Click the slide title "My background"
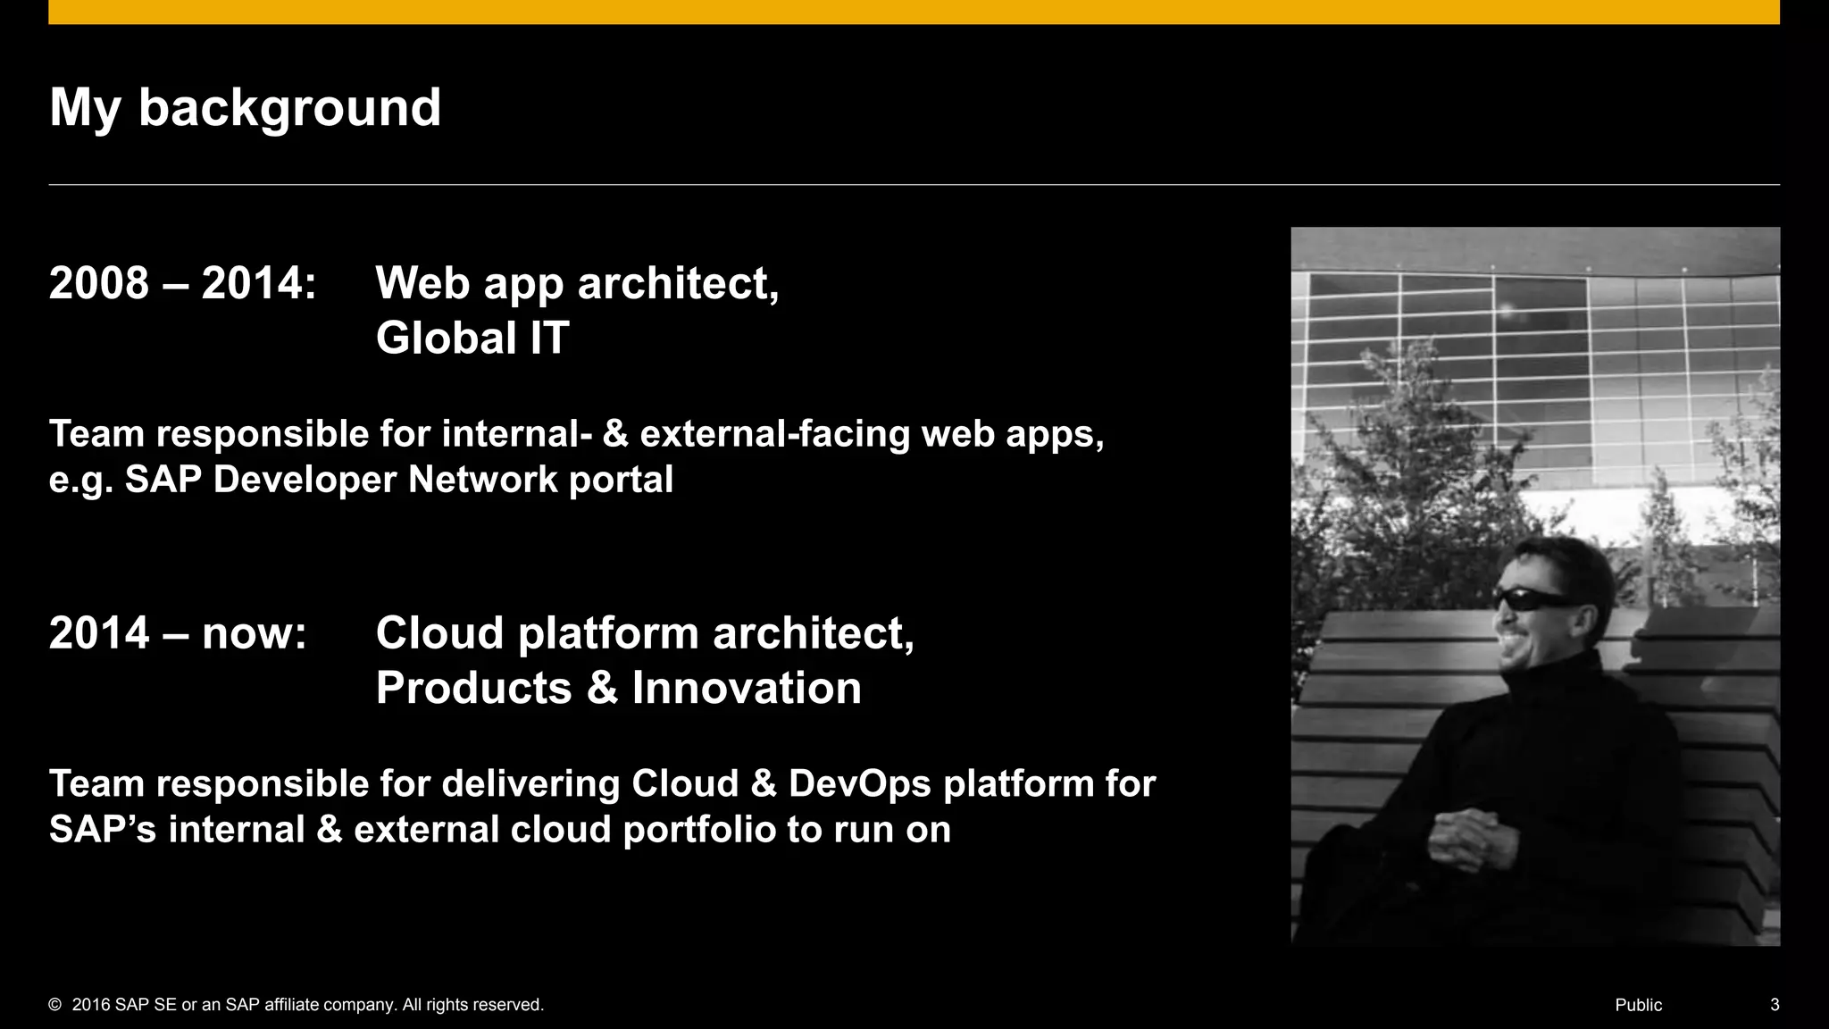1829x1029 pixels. click(245, 108)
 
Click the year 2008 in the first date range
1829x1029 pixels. click(99, 283)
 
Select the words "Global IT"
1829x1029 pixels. click(472, 338)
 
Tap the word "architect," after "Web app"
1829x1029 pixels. click(678, 283)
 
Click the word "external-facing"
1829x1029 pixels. click(775, 434)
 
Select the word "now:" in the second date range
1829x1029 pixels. click(254, 633)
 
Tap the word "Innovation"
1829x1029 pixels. click(747, 688)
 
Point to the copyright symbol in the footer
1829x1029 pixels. click(55, 1005)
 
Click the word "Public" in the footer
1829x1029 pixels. click(1638, 1005)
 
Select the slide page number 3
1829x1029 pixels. click(1775, 1005)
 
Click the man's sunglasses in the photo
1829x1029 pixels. click(1534, 600)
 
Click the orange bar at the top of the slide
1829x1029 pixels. click(914, 12)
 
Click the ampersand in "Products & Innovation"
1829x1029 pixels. click(602, 688)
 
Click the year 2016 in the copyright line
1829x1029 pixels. click(91, 1005)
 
